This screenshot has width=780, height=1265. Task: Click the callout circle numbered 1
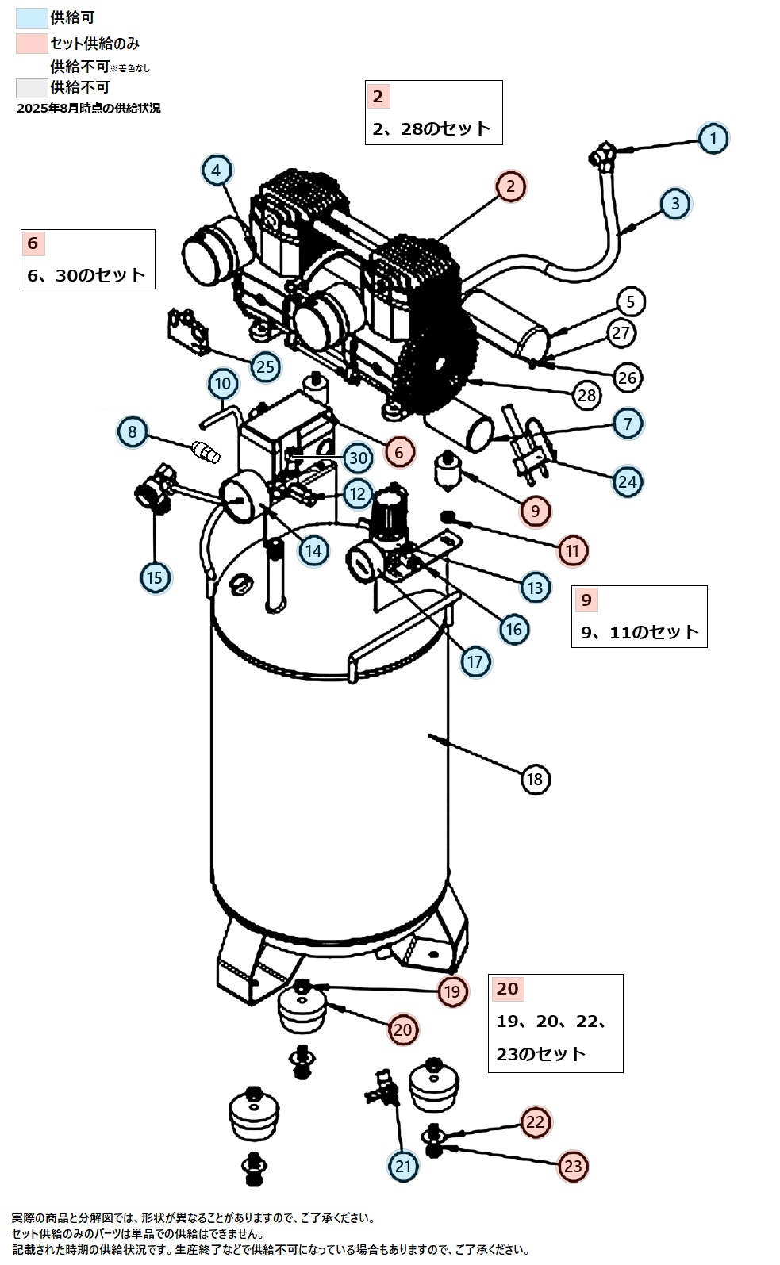pyautogui.click(x=713, y=138)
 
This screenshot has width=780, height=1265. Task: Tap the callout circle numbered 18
pyautogui.click(x=535, y=779)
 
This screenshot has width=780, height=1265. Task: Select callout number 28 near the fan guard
pyautogui.click(x=587, y=395)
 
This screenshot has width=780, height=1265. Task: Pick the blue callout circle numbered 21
pyautogui.click(x=404, y=1166)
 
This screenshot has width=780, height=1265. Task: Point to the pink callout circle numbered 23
pyautogui.click(x=573, y=1166)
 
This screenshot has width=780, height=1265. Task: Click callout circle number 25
pyautogui.click(x=266, y=366)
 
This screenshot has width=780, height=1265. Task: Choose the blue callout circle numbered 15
pyautogui.click(x=155, y=577)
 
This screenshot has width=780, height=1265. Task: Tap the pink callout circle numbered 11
pyautogui.click(x=573, y=550)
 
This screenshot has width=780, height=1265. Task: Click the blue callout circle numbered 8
pyautogui.click(x=133, y=432)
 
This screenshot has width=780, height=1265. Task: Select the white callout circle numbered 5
pyautogui.click(x=630, y=301)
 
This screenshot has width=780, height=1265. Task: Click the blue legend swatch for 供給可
pyautogui.click(x=32, y=18)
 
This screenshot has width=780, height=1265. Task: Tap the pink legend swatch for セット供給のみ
pyautogui.click(x=32, y=44)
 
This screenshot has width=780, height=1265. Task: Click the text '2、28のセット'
pyautogui.click(x=432, y=128)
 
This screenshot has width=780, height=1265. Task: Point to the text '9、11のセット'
pyautogui.click(x=640, y=632)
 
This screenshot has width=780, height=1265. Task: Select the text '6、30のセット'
pyautogui.click(x=86, y=275)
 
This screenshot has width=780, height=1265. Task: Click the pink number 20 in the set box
pyautogui.click(x=507, y=989)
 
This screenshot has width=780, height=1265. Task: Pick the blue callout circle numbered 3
pyautogui.click(x=675, y=203)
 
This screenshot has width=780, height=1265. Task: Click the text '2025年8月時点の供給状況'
pyautogui.click(x=89, y=109)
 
